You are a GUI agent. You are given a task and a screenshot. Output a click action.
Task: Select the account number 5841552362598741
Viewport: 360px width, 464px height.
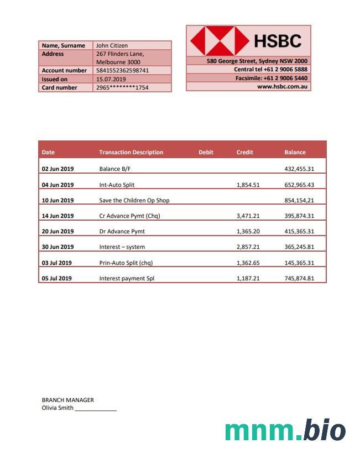pyautogui.click(x=122, y=71)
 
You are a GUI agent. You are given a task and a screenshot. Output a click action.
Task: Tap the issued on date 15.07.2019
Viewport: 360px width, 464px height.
pyautogui.click(x=111, y=79)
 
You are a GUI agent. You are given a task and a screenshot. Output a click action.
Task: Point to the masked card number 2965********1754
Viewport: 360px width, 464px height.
pyautogui.click(x=122, y=87)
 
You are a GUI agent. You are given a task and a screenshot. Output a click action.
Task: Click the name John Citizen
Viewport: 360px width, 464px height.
pyautogui.click(x=112, y=45)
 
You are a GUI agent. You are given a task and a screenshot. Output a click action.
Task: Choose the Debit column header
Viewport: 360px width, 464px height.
pyautogui.click(x=206, y=152)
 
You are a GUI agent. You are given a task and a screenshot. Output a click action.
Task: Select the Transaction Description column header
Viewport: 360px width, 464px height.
pyautogui.click(x=131, y=152)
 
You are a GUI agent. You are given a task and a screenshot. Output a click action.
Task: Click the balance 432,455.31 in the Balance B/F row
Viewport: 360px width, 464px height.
pyautogui.click(x=299, y=169)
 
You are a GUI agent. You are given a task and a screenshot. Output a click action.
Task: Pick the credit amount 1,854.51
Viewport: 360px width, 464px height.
pyautogui.click(x=248, y=185)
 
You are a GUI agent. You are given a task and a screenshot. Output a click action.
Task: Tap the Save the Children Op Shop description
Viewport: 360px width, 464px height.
pyautogui.click(x=134, y=200)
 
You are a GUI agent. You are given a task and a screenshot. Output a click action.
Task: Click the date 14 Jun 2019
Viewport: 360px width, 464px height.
pyautogui.click(x=58, y=216)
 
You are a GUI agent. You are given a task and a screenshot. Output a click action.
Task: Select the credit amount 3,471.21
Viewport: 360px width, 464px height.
pyautogui.click(x=248, y=216)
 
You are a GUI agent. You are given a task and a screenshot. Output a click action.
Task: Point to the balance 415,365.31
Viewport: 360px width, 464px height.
pyautogui.click(x=299, y=231)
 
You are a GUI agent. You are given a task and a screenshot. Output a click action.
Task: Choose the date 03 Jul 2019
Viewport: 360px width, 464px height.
pyautogui.click(x=57, y=263)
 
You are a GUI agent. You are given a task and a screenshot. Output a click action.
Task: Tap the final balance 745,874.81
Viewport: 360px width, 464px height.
pyautogui.click(x=299, y=278)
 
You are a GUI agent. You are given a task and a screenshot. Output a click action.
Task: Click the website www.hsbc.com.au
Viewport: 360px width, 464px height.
pyautogui.click(x=282, y=87)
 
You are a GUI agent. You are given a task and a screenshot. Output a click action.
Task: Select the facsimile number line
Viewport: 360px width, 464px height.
pyautogui.click(x=272, y=78)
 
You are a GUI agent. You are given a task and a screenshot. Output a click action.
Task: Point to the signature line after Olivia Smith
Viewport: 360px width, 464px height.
pyautogui.click(x=96, y=409)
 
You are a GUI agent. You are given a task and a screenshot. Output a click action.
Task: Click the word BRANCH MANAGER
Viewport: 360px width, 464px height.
pyautogui.click(x=67, y=400)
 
